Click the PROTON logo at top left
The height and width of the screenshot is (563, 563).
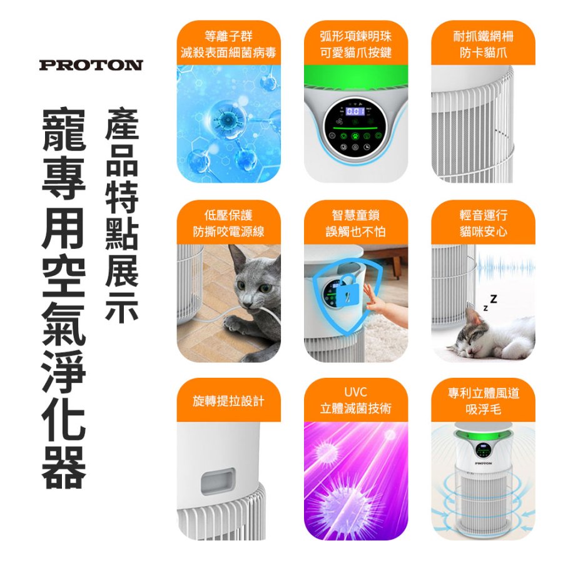pos(91,65)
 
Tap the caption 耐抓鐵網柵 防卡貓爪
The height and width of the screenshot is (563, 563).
pos(483,44)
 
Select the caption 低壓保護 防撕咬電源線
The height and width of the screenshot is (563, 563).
pos(229,223)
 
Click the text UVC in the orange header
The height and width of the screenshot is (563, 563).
pos(355,392)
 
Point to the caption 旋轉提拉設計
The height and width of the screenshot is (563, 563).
pos(229,401)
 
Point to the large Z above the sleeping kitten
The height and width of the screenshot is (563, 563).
pos(494,299)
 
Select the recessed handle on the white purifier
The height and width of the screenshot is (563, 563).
pos(218,482)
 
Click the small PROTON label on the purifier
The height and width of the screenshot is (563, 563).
pos(483,464)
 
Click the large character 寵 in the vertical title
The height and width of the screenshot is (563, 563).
pos(64,129)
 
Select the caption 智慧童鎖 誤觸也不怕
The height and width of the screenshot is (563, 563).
pos(355,223)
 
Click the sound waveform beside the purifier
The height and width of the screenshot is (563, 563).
pos(505,268)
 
